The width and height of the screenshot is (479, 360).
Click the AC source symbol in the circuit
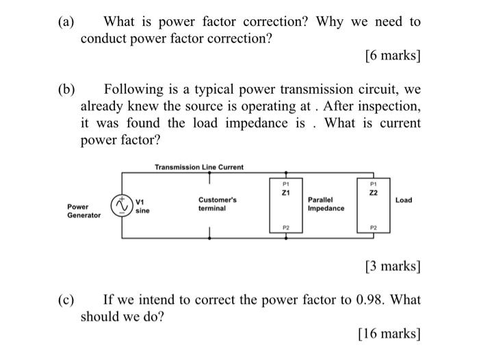(122, 205)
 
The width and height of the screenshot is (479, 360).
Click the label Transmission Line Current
(198, 167)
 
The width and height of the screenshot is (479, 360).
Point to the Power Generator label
(83, 210)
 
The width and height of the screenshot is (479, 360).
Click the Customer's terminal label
(218, 204)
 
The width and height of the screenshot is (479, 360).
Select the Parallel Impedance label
(326, 204)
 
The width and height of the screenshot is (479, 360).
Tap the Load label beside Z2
(404, 200)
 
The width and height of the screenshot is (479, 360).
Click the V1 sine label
(142, 207)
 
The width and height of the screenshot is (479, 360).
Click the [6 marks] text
(389, 55)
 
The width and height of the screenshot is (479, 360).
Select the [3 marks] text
(389, 265)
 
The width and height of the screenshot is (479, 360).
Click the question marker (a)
(65, 22)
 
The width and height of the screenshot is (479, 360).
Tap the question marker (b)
(66, 90)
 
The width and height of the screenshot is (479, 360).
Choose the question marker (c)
(65, 300)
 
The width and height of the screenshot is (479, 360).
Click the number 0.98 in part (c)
(370, 300)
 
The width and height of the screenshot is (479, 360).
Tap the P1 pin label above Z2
(373, 183)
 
